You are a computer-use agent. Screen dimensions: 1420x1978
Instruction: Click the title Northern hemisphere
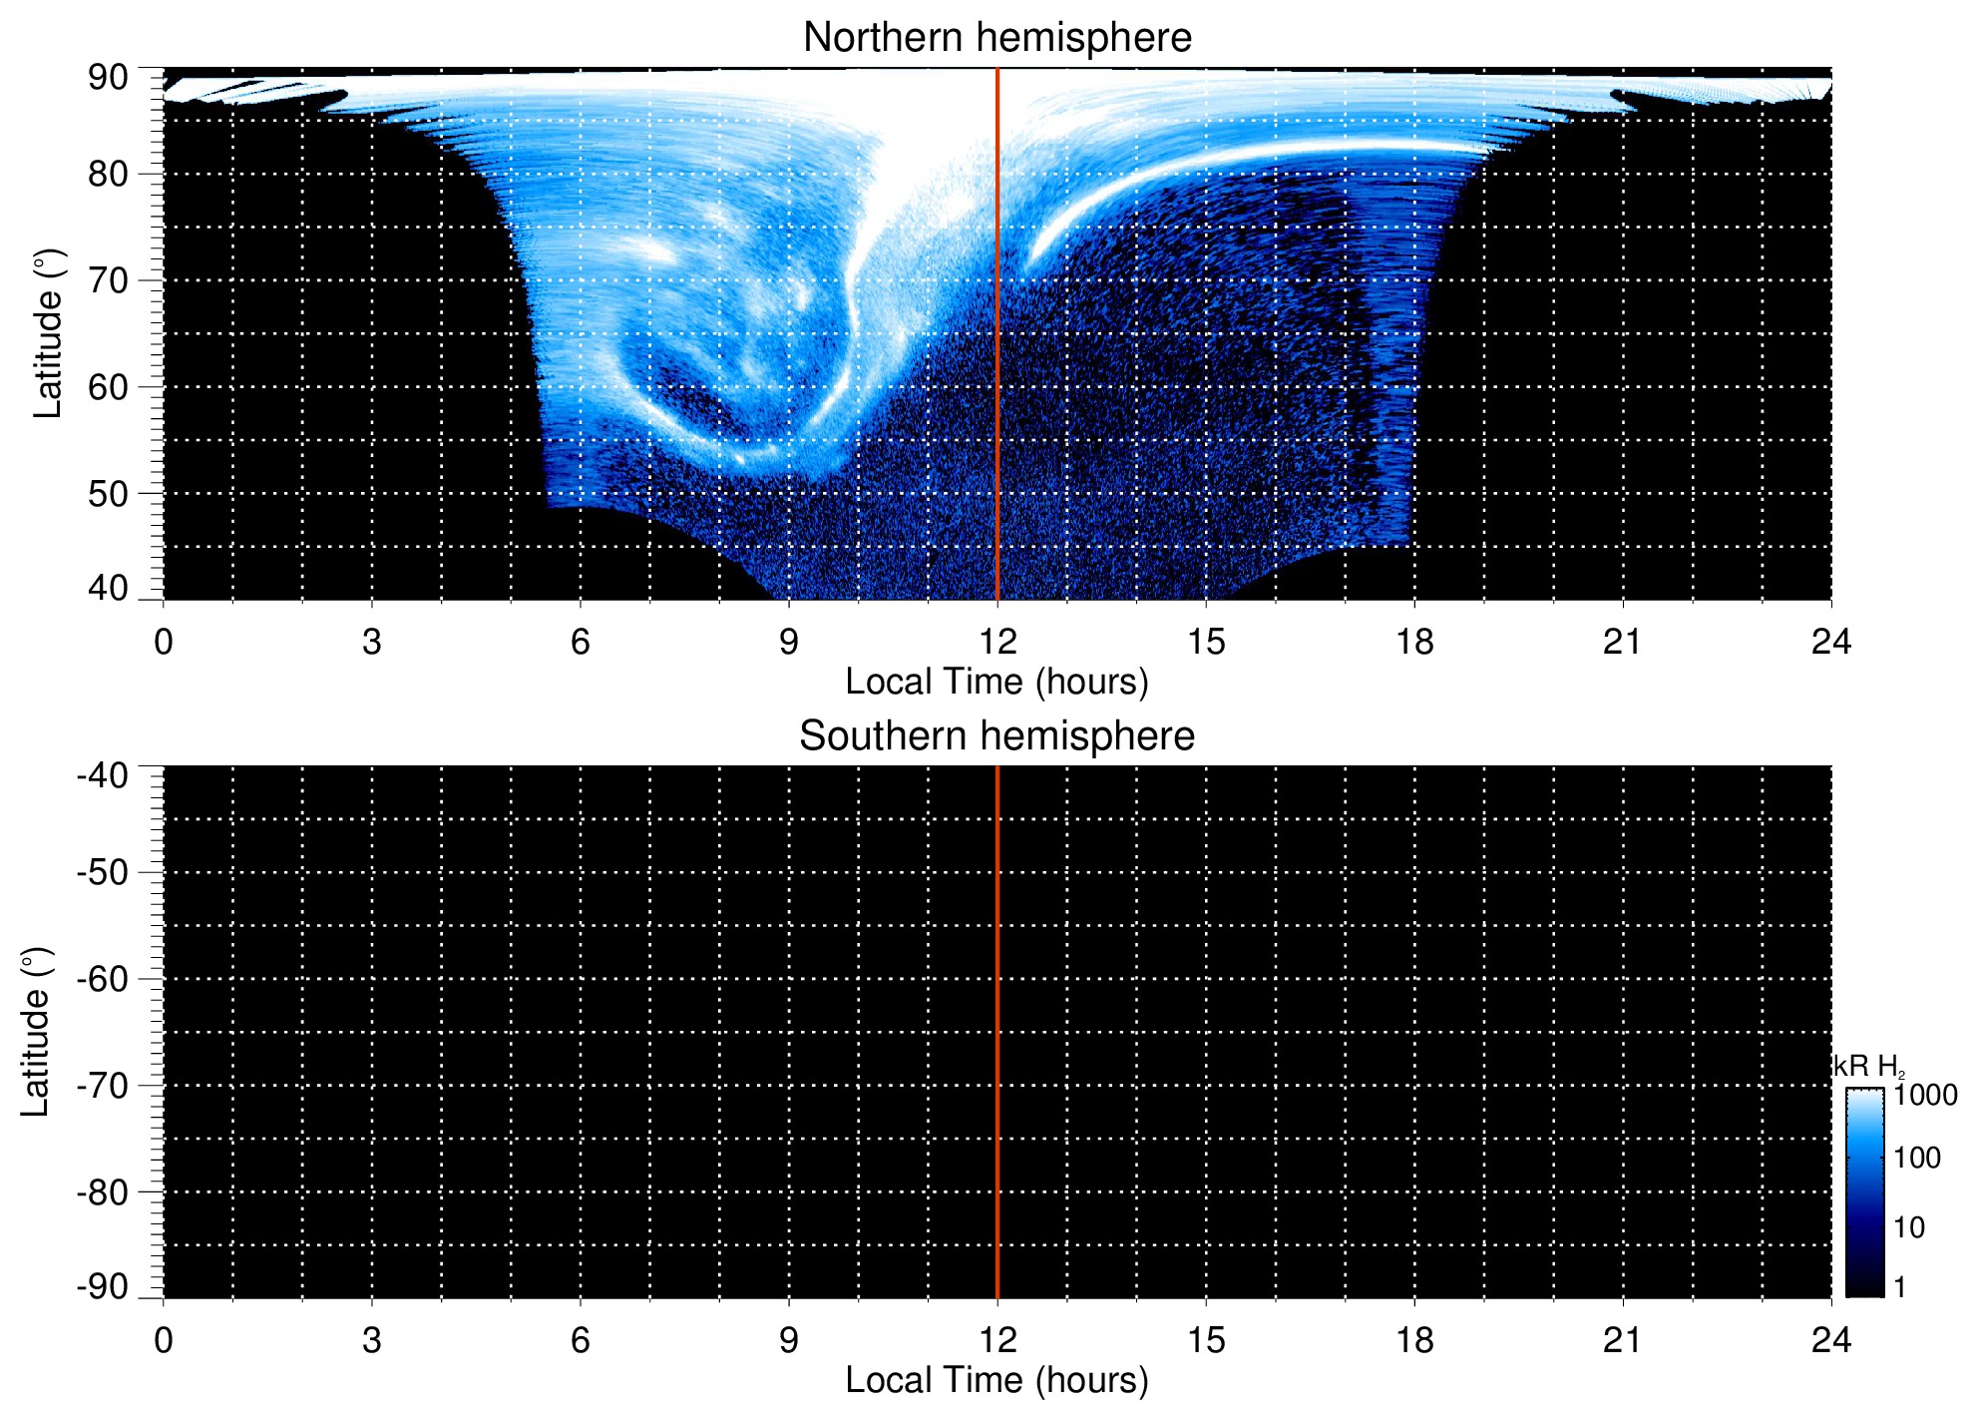pos(996,38)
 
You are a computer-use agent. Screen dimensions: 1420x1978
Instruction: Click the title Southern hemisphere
pos(996,736)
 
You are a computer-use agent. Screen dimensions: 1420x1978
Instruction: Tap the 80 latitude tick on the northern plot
pos(108,175)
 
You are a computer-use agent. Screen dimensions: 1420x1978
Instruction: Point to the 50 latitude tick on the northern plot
pos(108,494)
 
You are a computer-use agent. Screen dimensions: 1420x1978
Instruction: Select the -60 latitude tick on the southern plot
pos(102,979)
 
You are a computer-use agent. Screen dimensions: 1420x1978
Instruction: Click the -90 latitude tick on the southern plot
pos(102,1286)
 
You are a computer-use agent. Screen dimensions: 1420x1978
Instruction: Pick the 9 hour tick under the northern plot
pos(789,642)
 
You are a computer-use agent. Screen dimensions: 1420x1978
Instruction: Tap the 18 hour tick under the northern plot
pos(1414,642)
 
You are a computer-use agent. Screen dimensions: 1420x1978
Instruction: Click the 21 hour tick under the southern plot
pos(1623,1340)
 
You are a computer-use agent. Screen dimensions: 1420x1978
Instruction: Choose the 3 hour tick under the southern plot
pos(372,1340)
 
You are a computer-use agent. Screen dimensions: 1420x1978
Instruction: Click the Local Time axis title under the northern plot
pos(996,682)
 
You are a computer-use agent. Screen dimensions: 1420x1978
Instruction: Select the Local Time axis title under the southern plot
pos(996,1380)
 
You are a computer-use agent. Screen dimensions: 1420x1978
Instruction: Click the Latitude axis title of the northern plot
pos(48,333)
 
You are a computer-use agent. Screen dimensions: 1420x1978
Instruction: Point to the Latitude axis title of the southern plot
pos(36,1032)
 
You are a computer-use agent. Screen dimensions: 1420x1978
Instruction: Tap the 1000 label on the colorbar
pos(1925,1096)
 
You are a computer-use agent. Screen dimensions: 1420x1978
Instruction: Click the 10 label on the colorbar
pos(1909,1227)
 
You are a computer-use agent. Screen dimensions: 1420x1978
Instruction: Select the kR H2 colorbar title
pos(1868,1067)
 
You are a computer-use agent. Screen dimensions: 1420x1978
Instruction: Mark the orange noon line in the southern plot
pos(997,1032)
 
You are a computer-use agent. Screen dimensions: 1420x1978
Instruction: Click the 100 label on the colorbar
pos(1917,1159)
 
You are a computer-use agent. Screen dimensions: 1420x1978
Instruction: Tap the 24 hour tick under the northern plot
pos(1831,642)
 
